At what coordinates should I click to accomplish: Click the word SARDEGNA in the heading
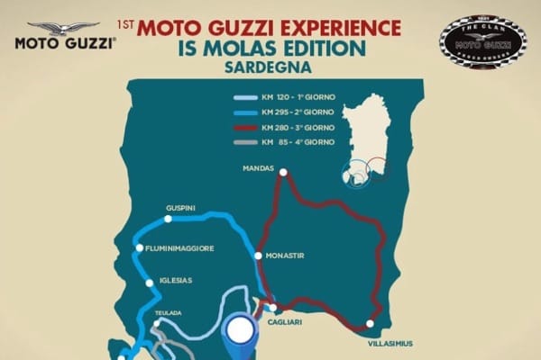[x=270, y=66]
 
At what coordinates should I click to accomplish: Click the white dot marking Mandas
[x=283, y=172]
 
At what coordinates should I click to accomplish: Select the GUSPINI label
[x=180, y=208]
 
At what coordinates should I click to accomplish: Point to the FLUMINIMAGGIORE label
[x=180, y=247]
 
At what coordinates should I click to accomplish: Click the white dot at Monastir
[x=259, y=256]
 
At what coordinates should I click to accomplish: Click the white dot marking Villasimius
[x=370, y=324]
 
